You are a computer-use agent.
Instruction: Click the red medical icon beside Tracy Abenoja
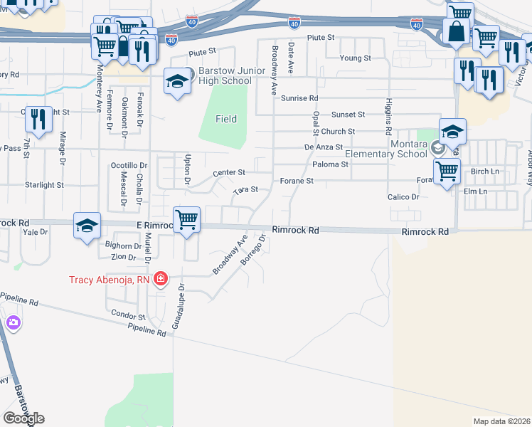[161, 278]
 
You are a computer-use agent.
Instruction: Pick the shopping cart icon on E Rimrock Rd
[186, 219]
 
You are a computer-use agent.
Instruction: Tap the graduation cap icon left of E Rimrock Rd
[87, 226]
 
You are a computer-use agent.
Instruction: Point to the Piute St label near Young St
[321, 37]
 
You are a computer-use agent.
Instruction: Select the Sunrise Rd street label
[299, 98]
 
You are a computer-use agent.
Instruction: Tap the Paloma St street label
[330, 164]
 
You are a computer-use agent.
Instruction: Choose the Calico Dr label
[403, 196]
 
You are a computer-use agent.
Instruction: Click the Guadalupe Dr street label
[182, 304]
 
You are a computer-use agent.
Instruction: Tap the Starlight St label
[45, 185]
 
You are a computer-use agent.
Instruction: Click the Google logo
[23, 418]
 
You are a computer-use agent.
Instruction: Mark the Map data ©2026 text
[501, 421]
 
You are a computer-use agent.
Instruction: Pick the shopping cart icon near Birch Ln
[447, 172]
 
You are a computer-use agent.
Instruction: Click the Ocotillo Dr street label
[129, 165]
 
